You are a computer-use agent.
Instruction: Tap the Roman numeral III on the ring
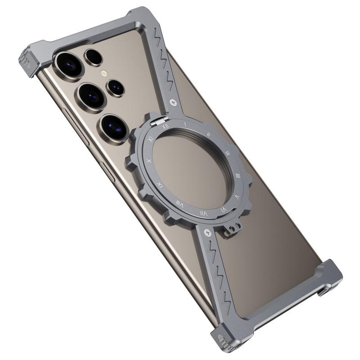click(x=228, y=153)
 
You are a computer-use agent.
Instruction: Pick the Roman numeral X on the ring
click(x=149, y=161)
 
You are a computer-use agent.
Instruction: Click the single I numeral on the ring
click(x=185, y=123)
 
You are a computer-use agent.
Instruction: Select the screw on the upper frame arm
click(x=173, y=103)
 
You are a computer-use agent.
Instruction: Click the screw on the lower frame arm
click(x=207, y=233)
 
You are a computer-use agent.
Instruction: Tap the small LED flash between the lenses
click(x=104, y=73)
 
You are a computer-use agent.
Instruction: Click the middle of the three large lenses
click(x=92, y=96)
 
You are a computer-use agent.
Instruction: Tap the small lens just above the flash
click(x=94, y=57)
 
